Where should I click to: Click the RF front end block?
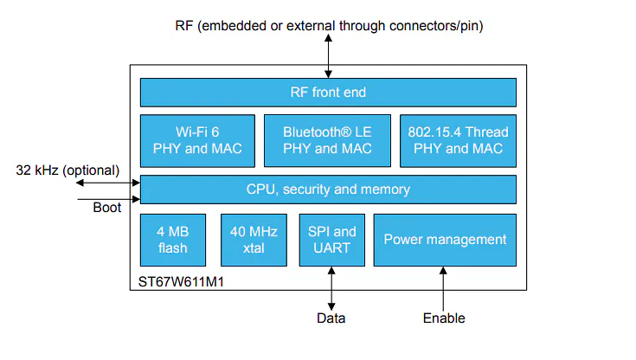pyautogui.click(x=328, y=93)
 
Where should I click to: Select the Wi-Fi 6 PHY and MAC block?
pyautogui.click(x=197, y=140)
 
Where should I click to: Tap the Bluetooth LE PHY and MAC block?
pyautogui.click(x=327, y=140)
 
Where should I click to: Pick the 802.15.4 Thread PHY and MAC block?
pyautogui.click(x=458, y=140)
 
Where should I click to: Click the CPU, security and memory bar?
pyautogui.click(x=328, y=189)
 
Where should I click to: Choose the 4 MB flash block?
pyautogui.click(x=173, y=240)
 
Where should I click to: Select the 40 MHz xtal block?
pyautogui.click(x=253, y=240)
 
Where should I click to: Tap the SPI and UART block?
pyautogui.click(x=331, y=240)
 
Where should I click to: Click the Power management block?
pyautogui.click(x=445, y=240)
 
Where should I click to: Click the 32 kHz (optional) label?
pyautogui.click(x=67, y=170)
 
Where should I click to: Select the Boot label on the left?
pyautogui.click(x=107, y=208)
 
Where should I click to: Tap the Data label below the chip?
pyautogui.click(x=331, y=318)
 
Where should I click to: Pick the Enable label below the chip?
pyautogui.click(x=444, y=318)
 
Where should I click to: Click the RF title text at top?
pyautogui.click(x=329, y=26)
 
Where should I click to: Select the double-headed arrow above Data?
pyautogui.click(x=331, y=286)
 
